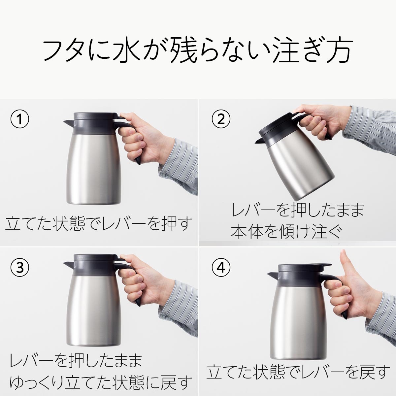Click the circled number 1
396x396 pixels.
[20, 119]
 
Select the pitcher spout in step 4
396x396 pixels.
[273, 274]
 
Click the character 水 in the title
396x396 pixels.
[148, 51]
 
